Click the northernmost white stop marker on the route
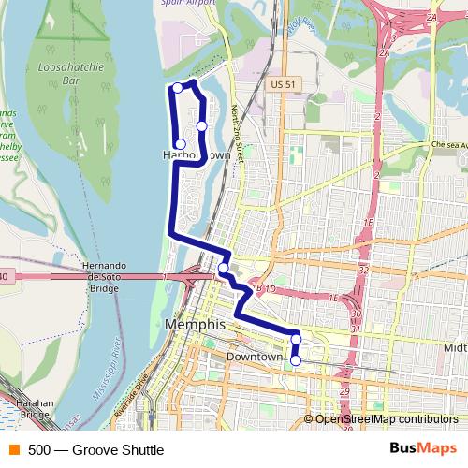click(x=178, y=88)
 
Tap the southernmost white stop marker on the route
click(x=296, y=359)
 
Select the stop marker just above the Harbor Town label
click(x=181, y=144)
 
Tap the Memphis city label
click(x=195, y=324)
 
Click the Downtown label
click(x=254, y=358)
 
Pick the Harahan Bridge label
click(x=35, y=407)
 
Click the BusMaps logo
click(x=423, y=449)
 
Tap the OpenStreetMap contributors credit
click(x=387, y=419)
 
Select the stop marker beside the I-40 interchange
click(x=223, y=269)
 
